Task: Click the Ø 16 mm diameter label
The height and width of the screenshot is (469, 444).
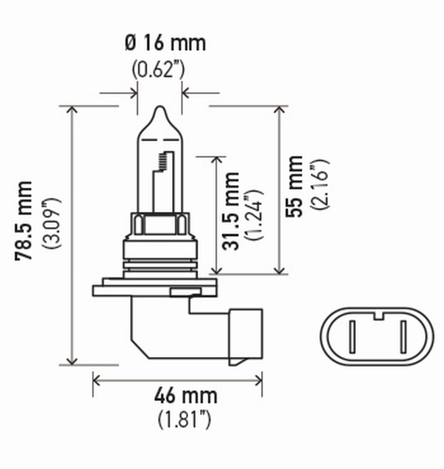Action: [165, 43]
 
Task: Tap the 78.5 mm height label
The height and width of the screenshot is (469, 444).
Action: [24, 220]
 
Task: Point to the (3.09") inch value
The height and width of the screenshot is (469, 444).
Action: [51, 223]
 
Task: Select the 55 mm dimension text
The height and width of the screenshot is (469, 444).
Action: [294, 186]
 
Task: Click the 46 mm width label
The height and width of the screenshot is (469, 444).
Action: [185, 396]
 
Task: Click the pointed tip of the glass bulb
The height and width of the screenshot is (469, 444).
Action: [160, 109]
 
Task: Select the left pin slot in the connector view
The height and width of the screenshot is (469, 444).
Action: [352, 337]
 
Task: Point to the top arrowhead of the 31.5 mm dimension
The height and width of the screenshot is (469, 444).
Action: [216, 160]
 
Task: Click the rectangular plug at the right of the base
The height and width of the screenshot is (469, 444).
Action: [246, 336]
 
